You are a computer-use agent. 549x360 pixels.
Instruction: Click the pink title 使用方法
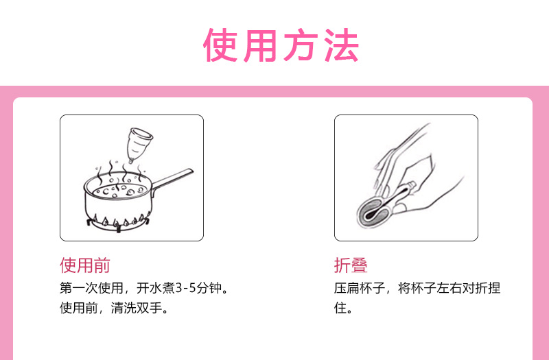pyautogui.click(x=281, y=45)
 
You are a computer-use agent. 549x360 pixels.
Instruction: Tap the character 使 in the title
pyautogui.click(x=222, y=45)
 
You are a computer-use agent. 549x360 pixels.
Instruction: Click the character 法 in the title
pyautogui.click(x=340, y=45)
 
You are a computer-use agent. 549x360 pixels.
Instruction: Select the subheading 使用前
pyautogui.click(x=85, y=265)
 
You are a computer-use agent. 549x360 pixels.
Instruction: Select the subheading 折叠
pyautogui.click(x=351, y=265)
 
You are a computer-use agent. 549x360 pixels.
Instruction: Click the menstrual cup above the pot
pyautogui.click(x=141, y=143)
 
